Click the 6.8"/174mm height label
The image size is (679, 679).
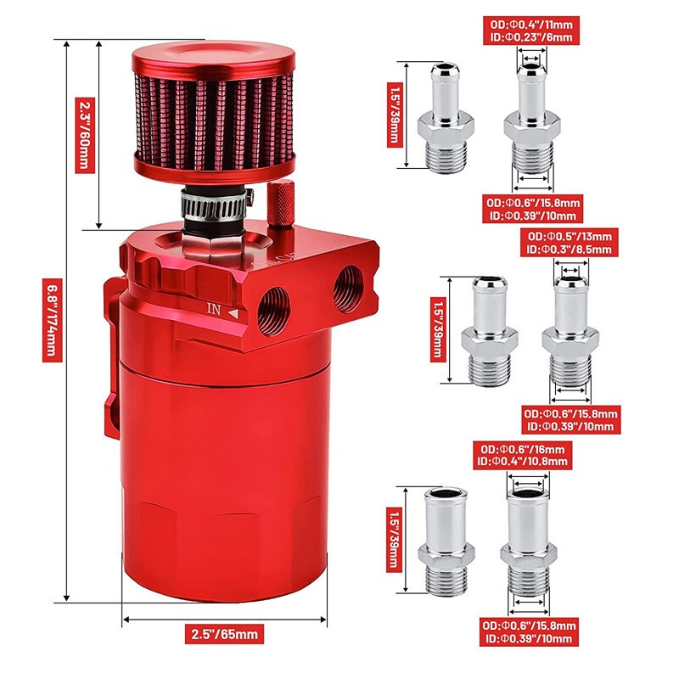pyautogui.click(x=52, y=320)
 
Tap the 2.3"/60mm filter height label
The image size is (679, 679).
pyautogui.click(x=84, y=135)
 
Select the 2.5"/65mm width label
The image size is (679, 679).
pyautogui.click(x=224, y=634)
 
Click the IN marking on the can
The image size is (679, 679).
pyautogui.click(x=214, y=309)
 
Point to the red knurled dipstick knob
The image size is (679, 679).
pyautogui.click(x=281, y=204)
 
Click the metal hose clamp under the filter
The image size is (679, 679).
pyautogui.click(x=216, y=205)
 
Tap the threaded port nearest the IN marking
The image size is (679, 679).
pyautogui.click(x=273, y=311)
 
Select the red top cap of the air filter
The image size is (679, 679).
pyautogui.click(x=214, y=59)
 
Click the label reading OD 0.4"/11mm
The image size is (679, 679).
pyautogui.click(x=531, y=25)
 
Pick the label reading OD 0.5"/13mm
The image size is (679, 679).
pyautogui.click(x=570, y=237)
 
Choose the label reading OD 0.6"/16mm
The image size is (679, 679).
pyautogui.click(x=522, y=449)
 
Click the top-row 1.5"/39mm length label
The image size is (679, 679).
pyautogui.click(x=395, y=115)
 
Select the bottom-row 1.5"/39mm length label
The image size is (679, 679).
pyautogui.click(x=394, y=540)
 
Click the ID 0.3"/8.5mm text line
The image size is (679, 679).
pyautogui.click(x=570, y=250)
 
